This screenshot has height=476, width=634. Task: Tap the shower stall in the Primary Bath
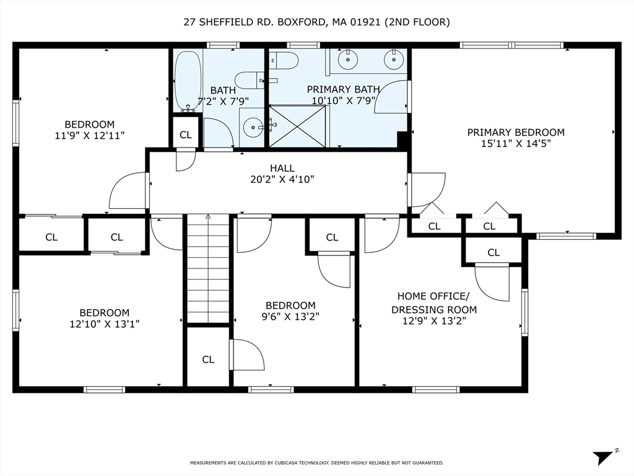pos(297,126)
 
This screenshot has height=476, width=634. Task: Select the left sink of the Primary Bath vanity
pos(348,60)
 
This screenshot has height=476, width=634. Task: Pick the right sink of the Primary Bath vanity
pos(392,60)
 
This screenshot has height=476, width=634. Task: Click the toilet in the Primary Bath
pos(284,61)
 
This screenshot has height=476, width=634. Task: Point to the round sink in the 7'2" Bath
pos(253,128)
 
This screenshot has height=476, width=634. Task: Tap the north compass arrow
pos(602,457)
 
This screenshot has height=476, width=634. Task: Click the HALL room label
pos(282,168)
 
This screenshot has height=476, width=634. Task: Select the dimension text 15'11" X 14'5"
pos(515,144)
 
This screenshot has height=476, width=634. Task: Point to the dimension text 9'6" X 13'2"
pos(290,316)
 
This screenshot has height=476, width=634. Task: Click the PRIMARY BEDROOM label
pos(515,132)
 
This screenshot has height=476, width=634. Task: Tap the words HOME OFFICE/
pos(433,296)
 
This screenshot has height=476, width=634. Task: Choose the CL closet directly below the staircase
pos(208,359)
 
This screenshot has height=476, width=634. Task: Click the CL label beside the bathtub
pos(186,134)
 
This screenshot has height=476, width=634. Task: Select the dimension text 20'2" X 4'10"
pos(282,180)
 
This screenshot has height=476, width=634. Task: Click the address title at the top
pos(316,22)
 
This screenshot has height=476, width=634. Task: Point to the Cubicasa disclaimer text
pos(316,463)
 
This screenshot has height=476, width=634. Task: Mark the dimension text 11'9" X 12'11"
pos(90,136)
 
